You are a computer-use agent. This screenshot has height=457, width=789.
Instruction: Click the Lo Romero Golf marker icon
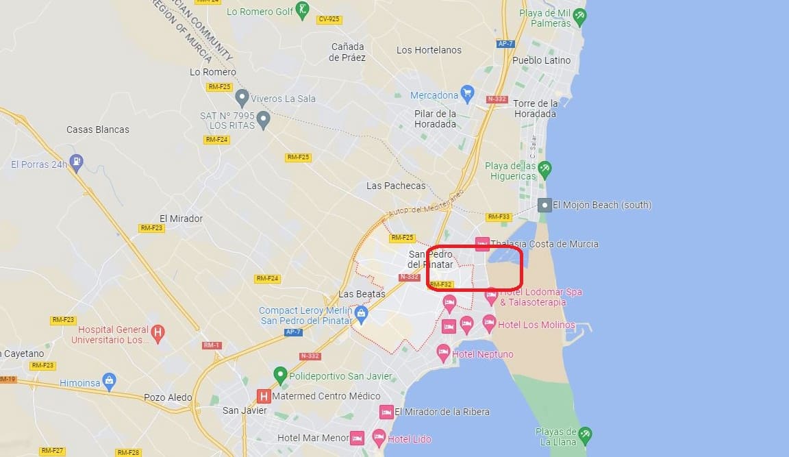303,10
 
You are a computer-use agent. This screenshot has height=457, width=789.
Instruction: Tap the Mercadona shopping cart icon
468,93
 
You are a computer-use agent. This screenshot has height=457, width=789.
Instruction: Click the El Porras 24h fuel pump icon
78,163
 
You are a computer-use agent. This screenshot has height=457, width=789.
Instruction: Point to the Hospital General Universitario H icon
158,334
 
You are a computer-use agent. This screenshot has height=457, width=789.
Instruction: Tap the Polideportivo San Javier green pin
279,375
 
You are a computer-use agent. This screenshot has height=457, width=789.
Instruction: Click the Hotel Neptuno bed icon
443,354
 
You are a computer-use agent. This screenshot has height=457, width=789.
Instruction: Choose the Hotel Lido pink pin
379,437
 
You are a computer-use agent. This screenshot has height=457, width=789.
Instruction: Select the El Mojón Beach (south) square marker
544,204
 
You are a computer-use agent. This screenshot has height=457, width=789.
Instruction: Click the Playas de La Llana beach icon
584,434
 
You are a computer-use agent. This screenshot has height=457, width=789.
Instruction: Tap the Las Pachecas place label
396,186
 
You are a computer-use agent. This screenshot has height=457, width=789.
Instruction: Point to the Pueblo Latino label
541,60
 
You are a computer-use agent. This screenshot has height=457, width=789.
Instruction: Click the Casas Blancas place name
97,129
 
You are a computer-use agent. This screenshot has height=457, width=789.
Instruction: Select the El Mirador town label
181,219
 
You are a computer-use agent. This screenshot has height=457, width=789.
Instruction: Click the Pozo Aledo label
168,397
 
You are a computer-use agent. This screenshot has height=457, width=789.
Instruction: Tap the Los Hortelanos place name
429,50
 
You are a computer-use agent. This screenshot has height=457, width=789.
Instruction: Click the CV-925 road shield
329,19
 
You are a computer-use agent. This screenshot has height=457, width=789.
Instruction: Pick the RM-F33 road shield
499,217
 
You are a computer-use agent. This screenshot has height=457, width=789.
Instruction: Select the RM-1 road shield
212,345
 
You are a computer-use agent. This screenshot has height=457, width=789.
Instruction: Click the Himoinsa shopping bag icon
108,381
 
